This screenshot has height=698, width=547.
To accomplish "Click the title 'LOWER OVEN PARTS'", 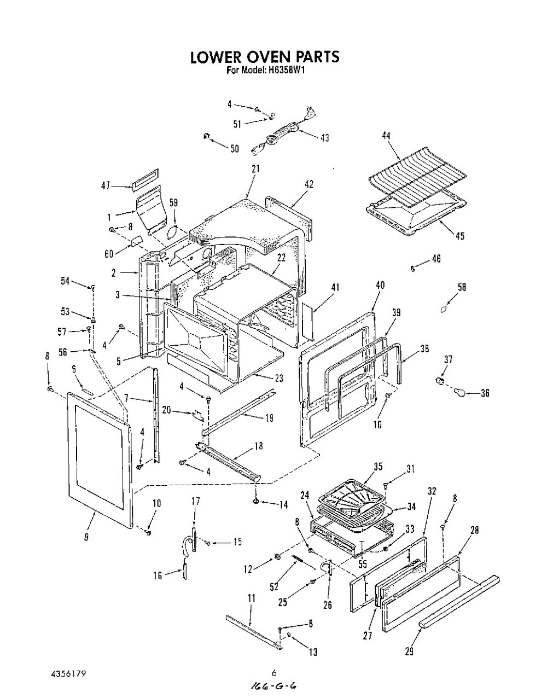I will (x=265, y=57).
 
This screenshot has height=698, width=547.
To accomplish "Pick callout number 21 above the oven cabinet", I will (x=255, y=169).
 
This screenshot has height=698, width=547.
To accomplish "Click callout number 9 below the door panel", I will (x=86, y=537).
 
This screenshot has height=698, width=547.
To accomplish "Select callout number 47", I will (x=106, y=186).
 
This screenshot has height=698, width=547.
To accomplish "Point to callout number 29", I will (x=409, y=652).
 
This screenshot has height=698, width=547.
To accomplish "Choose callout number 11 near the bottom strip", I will (x=251, y=599).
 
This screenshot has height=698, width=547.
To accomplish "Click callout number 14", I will (x=283, y=505).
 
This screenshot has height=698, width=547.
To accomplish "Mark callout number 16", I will (x=158, y=575).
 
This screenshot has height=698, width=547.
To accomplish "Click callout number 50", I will (x=234, y=148).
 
